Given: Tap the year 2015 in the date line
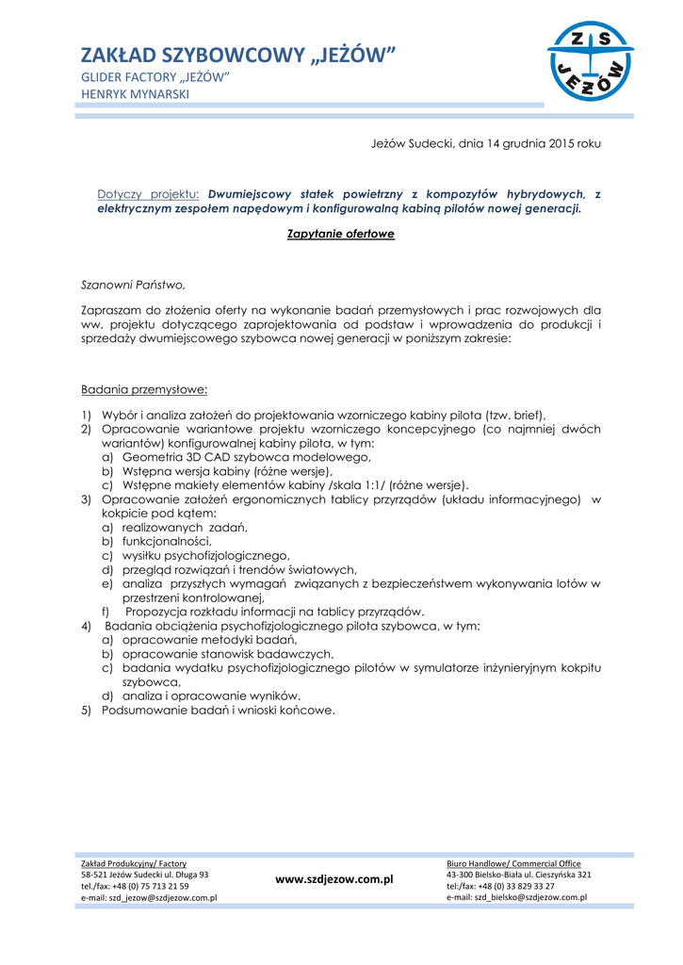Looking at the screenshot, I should click(557, 143).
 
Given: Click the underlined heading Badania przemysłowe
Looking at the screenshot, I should click(144, 388).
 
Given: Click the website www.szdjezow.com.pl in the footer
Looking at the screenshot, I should click(333, 878).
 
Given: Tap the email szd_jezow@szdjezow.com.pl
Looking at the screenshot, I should click(149, 898).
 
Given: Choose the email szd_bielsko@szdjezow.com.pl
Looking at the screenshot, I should click(516, 897).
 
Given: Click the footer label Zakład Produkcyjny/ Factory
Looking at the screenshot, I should click(134, 863).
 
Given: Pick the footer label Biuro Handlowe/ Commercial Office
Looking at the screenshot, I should click(513, 863).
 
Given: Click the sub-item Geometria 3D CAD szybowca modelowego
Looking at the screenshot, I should click(246, 456).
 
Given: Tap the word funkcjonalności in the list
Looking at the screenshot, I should click(167, 541).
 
